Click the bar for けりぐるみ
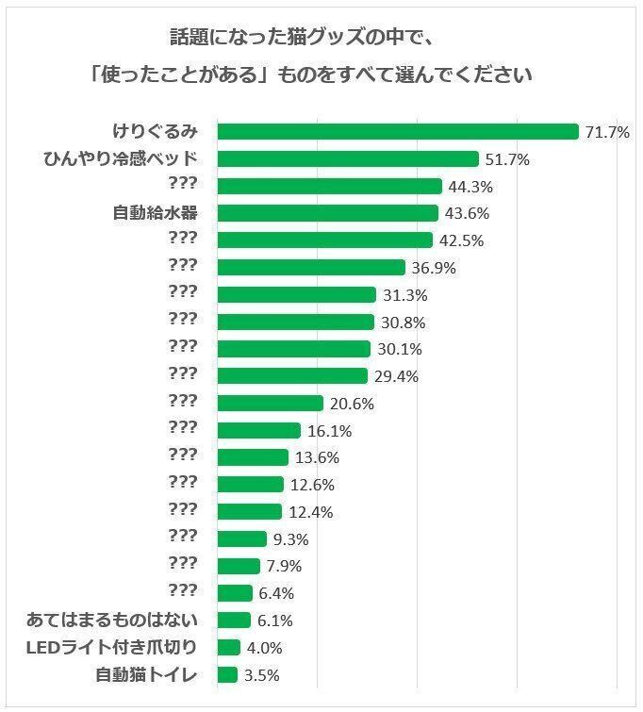pyautogui.click(x=397, y=132)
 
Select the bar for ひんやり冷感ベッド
pyautogui.click(x=348, y=159)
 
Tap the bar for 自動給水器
pyautogui.click(x=327, y=213)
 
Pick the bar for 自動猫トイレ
pyautogui.click(x=227, y=675)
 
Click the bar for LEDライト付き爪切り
pyautogui.click(x=228, y=648)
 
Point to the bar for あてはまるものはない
pyautogui.click(x=234, y=621)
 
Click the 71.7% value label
pyautogui.click(x=606, y=132)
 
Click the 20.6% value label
pyautogui.click(x=351, y=404)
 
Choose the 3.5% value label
pyautogui.click(x=262, y=675)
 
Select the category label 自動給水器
pyautogui.click(x=156, y=212)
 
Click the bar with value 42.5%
pyautogui.click(x=324, y=240)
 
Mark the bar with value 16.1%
pyautogui.click(x=259, y=431)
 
